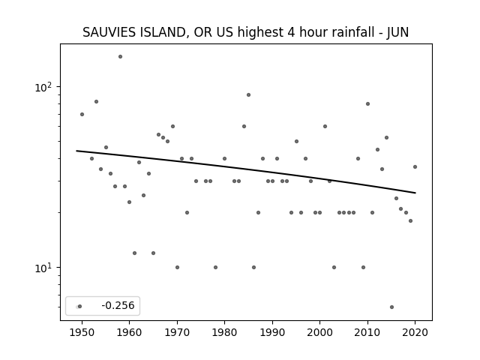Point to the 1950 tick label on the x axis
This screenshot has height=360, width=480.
pos(82,332)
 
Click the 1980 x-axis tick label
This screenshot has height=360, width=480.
pos(224,332)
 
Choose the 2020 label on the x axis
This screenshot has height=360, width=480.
pos(415,332)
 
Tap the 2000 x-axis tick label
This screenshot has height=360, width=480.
pos(320,332)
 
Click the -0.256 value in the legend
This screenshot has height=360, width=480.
pos(118,305)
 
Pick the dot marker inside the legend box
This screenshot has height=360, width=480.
pos(80,307)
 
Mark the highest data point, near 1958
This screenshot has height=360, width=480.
pos(120,57)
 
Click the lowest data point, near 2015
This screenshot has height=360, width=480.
pos(391,307)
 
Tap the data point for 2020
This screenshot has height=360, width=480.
pos(415,166)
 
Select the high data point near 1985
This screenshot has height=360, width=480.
pos(248,95)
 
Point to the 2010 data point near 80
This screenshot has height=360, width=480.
pos(367,103)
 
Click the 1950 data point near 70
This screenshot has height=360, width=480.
pos(82,115)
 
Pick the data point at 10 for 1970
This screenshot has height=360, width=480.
pos(177,267)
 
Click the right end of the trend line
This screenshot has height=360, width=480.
pos(415,193)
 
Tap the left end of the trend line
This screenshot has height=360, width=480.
pos(76,151)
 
